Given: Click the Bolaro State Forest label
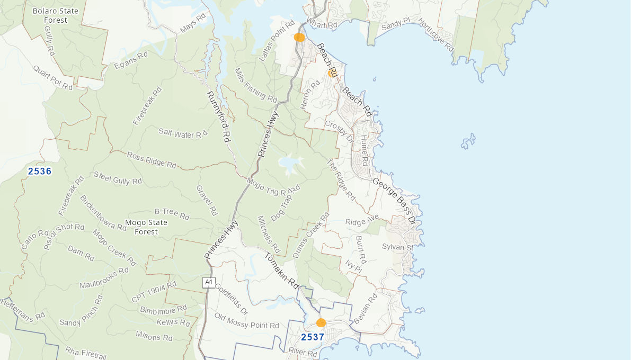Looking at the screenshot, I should (55, 15).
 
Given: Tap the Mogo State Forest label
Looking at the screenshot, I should (146, 227).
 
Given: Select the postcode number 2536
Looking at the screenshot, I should (40, 171).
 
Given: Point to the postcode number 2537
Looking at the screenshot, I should (313, 337).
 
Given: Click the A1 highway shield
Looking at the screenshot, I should (209, 283).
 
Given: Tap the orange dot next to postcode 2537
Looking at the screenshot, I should (321, 322).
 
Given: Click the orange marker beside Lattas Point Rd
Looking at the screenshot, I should (299, 38).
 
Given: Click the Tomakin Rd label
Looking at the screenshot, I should (282, 270).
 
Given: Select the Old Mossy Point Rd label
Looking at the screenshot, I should (246, 321).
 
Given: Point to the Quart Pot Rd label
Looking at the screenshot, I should (52, 77).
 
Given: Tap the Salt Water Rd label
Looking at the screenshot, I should (183, 134).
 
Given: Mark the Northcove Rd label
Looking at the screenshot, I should (436, 35).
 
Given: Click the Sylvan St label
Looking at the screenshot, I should (397, 247).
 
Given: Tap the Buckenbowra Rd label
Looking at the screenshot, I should (103, 213).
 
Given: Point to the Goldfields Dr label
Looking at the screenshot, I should (232, 297).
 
